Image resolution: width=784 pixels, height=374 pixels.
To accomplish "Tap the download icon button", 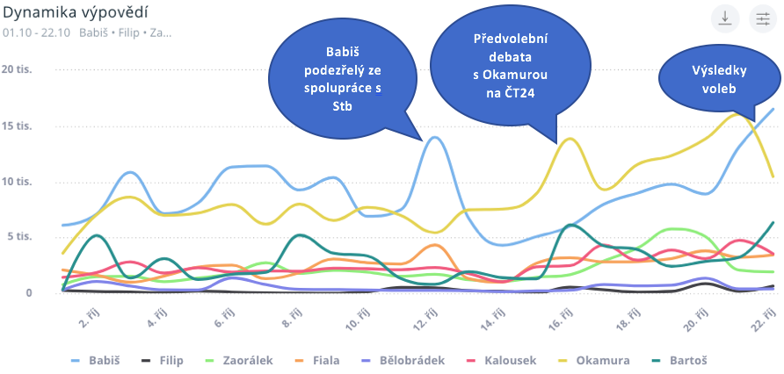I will (725, 19).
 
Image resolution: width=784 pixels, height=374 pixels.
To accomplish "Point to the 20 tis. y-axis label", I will (17, 69).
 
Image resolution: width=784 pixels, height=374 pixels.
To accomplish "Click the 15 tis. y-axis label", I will (17, 126).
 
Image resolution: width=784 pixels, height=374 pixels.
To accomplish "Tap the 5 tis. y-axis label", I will (18, 236).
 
